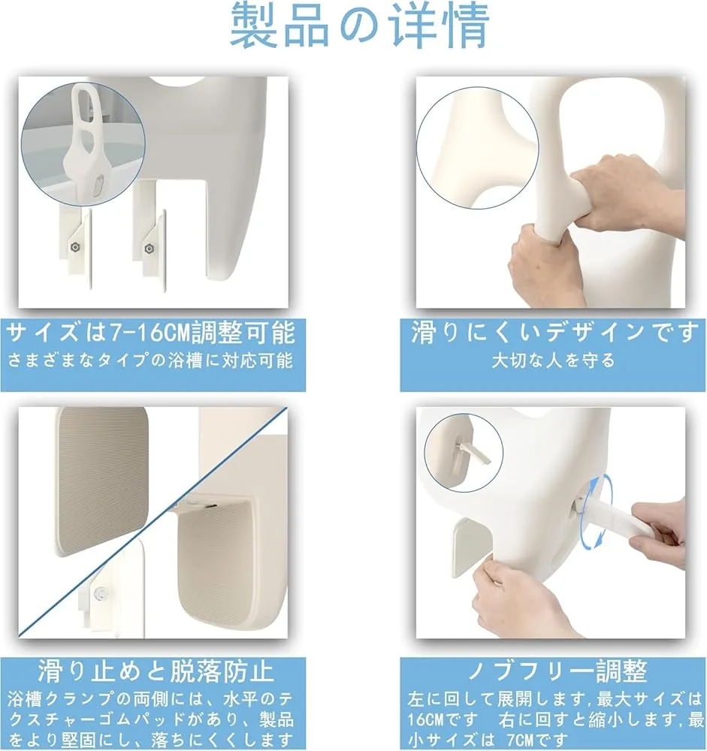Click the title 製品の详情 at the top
tap(359, 26)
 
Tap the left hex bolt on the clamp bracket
tap(75, 247)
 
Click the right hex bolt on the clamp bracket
tap(149, 249)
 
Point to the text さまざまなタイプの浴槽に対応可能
tap(150, 360)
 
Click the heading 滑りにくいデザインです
tap(554, 333)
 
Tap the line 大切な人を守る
tap(554, 360)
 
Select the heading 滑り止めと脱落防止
tap(156, 671)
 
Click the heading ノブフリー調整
tap(557, 671)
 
